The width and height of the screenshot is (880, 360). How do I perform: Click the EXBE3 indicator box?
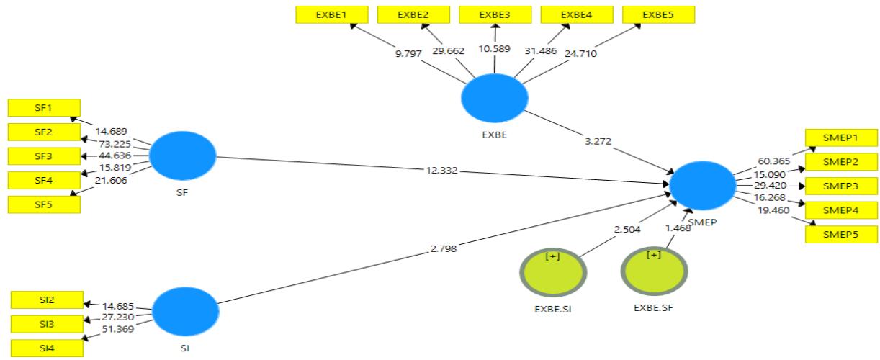tap(495, 14)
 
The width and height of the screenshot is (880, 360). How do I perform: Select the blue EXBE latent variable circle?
tap(494, 99)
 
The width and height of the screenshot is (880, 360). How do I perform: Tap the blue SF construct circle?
tap(184, 156)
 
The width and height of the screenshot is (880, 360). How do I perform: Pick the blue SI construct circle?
tap(185, 311)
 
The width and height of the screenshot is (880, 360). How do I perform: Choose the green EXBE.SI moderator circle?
tap(553, 275)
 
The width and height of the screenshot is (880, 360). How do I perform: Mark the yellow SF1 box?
tap(43, 108)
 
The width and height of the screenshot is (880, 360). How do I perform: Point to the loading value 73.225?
tap(115, 143)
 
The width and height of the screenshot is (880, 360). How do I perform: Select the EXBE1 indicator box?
tap(332, 14)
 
